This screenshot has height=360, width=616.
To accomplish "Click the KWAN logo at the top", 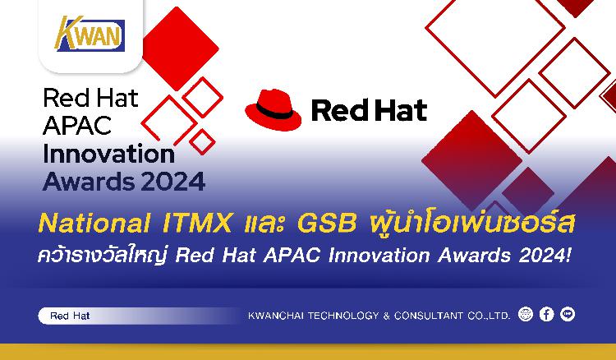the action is point(90,34).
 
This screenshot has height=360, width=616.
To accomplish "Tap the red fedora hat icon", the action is point(274,109).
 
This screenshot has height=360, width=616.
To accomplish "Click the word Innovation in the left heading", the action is point(108,154).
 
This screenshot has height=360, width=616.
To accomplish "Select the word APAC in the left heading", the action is point(77,126).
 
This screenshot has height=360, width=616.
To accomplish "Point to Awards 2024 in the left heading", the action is point(124,181).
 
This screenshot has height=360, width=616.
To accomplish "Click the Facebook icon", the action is point(546,315).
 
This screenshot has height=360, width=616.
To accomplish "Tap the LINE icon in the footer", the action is point(568,315).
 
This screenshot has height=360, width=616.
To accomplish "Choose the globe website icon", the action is point(526,315).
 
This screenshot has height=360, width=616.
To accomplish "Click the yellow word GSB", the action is point(327,224).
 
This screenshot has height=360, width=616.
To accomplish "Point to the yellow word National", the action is point(94,224).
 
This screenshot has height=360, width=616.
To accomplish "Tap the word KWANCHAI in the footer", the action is point(276,316).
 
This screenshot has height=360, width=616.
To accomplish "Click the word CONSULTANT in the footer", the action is point(429,316).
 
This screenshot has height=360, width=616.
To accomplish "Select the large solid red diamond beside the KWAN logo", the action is point(181,48).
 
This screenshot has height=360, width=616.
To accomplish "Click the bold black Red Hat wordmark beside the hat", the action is point(370,110).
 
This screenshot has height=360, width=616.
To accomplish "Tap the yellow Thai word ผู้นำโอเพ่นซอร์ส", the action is point(472,223).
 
